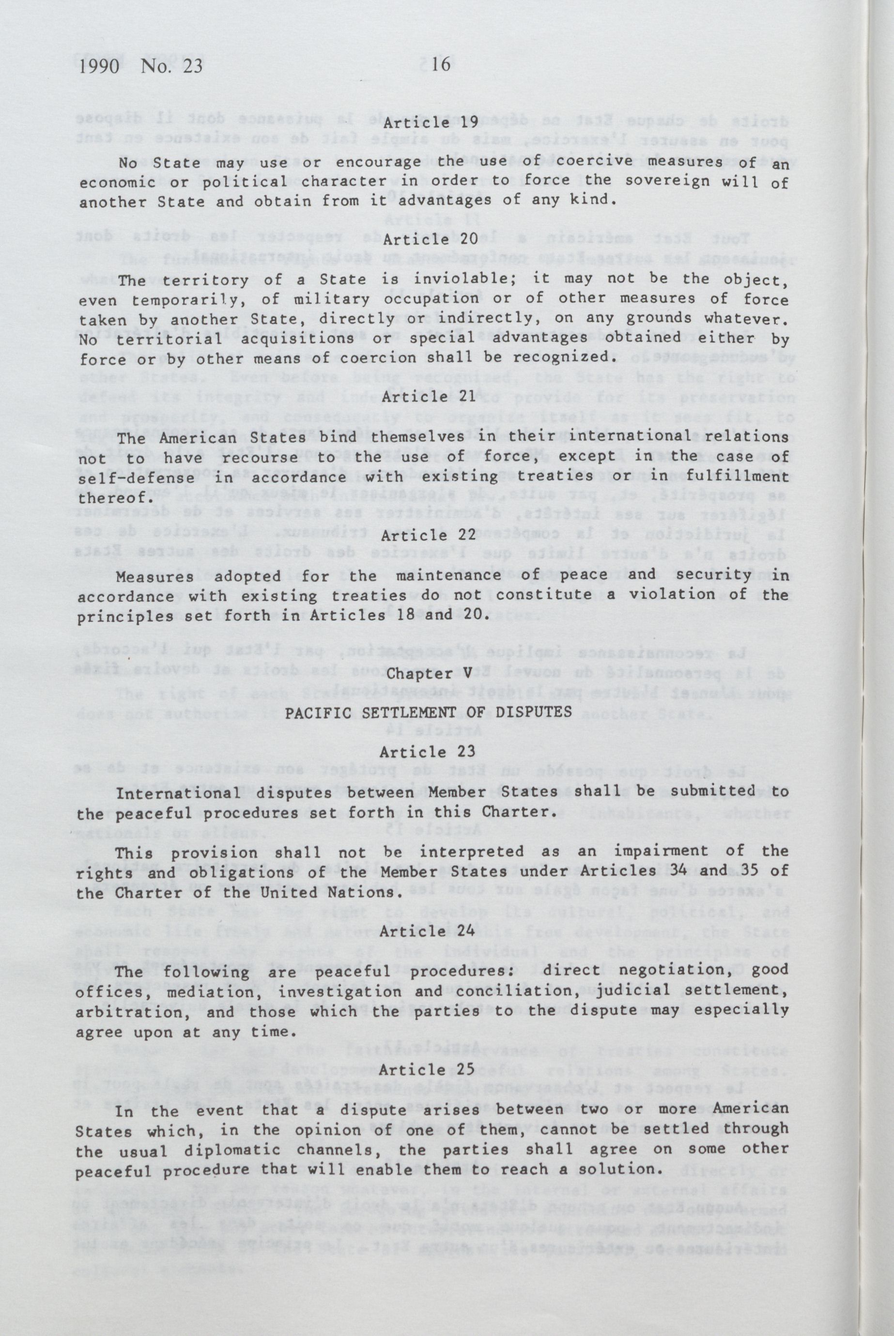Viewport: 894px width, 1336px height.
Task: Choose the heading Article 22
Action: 429,535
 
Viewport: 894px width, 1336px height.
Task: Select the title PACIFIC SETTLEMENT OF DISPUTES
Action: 428,712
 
